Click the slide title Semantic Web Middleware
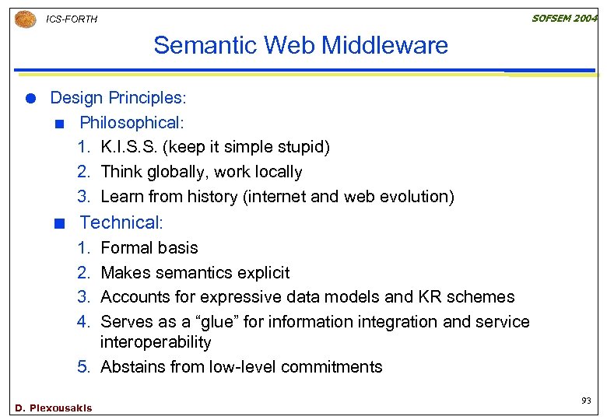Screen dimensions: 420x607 tap(300, 45)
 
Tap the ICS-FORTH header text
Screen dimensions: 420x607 tap(72, 19)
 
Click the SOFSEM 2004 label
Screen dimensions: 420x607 tap(564, 18)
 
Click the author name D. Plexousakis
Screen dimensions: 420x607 tap(53, 408)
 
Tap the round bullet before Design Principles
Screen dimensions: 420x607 tap(30, 98)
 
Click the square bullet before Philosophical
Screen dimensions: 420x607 tap(59, 123)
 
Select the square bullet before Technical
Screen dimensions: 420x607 tap(59, 223)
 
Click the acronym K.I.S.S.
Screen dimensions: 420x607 tap(127, 147)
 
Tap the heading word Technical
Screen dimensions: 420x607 tap(118, 222)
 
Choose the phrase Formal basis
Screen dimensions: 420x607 tap(149, 248)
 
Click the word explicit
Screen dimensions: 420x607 tap(261, 273)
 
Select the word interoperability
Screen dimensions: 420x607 tap(156, 342)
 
